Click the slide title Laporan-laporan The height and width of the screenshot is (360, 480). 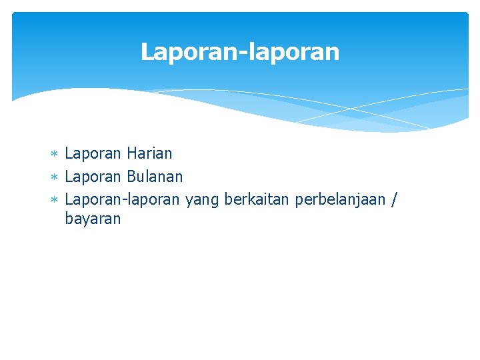240,52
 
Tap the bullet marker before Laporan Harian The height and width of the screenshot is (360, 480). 55,155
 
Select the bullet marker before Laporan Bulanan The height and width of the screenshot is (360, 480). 55,178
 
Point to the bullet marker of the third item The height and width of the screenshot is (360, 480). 55,200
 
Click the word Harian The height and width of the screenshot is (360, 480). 149,154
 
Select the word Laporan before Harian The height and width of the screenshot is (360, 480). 93,154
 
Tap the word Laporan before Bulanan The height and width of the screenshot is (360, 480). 93,177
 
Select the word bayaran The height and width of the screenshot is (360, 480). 93,219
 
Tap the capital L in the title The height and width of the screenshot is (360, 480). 147,52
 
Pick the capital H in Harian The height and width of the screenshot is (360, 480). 130,154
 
